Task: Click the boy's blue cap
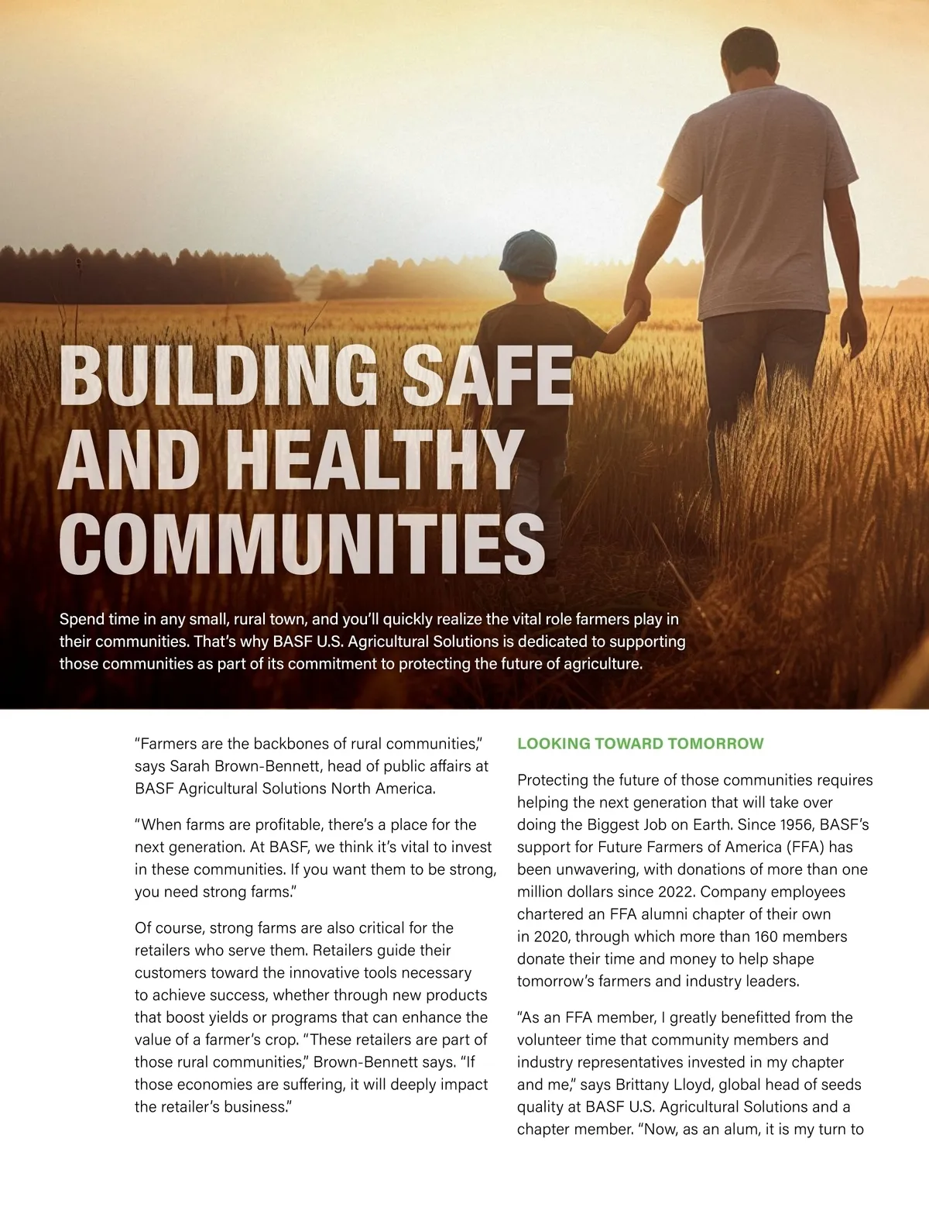pyautogui.click(x=528, y=253)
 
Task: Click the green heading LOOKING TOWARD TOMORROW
pyautogui.click(x=640, y=744)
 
